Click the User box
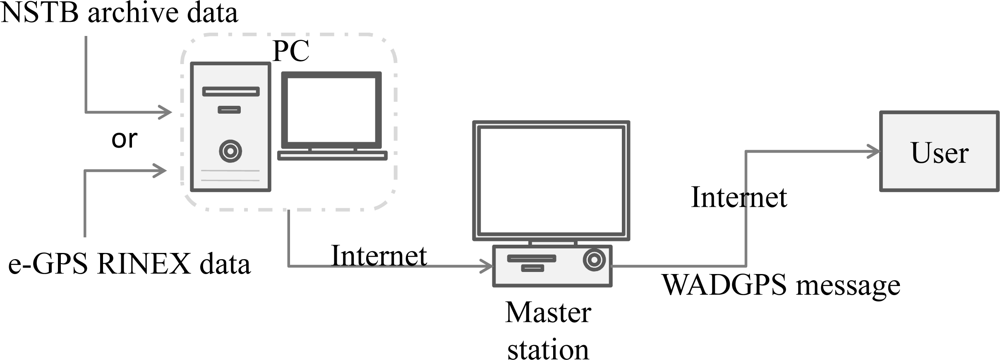939,152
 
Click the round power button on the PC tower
230,151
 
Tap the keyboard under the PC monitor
331,155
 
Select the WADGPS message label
782,286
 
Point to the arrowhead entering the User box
872,152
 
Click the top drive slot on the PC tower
230,91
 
